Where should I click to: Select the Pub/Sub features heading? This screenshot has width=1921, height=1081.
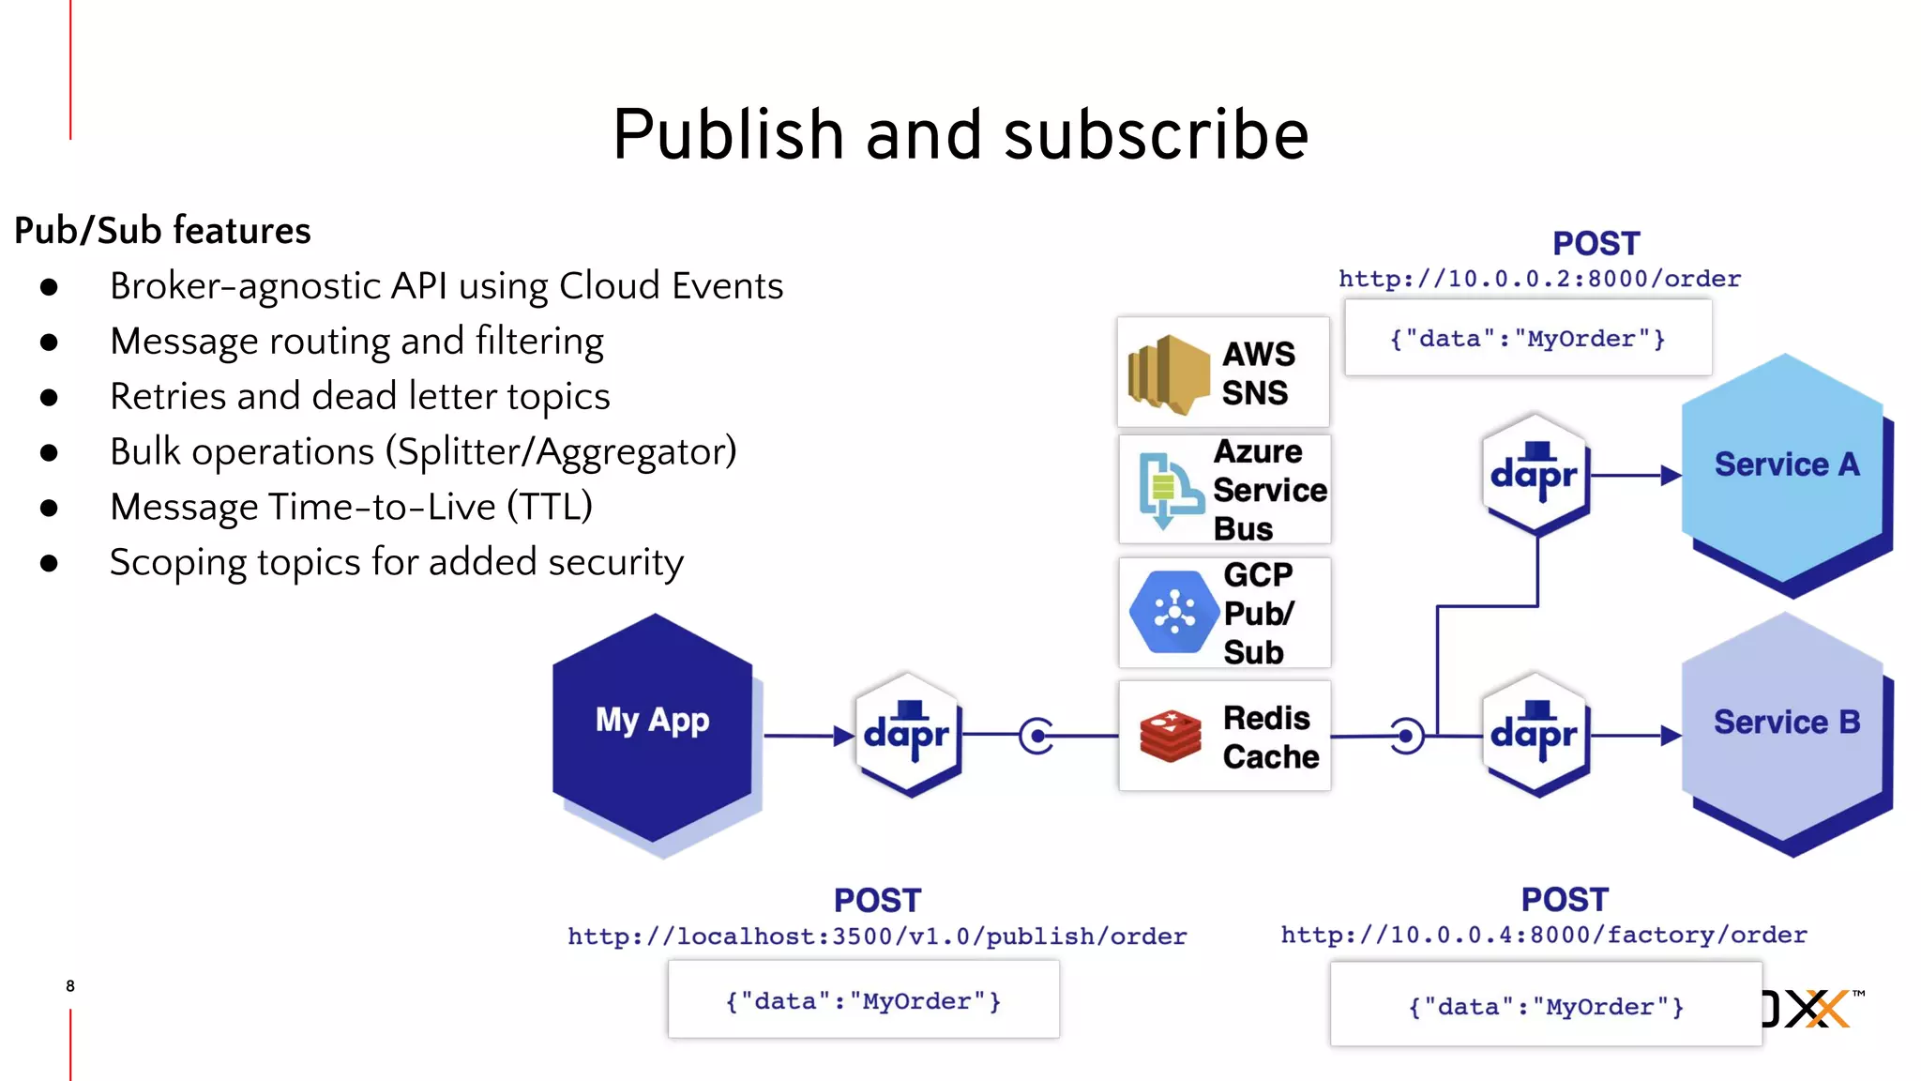click(162, 231)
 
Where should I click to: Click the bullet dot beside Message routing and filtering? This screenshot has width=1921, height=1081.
click(50, 343)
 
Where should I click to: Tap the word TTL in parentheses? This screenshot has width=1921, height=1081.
click(550, 507)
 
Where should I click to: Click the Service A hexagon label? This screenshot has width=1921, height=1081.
click(1786, 464)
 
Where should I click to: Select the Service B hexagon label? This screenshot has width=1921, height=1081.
click(1786, 723)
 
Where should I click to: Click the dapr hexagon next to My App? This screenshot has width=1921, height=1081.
click(907, 734)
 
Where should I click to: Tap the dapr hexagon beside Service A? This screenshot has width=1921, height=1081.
click(1535, 474)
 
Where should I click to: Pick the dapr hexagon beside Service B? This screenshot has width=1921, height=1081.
click(1535, 734)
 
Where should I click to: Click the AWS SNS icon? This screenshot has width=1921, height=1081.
click(1167, 374)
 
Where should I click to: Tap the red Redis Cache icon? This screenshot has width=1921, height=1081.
click(1170, 737)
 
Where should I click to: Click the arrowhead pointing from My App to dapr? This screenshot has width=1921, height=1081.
click(842, 736)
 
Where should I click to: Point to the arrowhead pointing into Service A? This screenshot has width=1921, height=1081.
click(1670, 475)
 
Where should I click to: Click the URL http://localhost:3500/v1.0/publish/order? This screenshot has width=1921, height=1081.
click(877, 936)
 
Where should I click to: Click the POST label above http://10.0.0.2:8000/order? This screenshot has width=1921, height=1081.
click(1596, 244)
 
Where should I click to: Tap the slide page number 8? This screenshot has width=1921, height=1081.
click(70, 985)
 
